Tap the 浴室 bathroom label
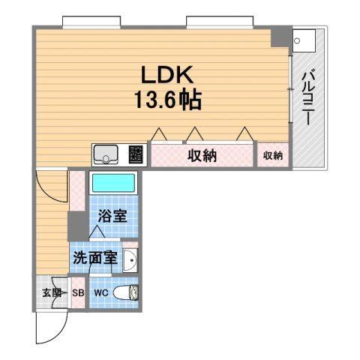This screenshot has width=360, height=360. click(112, 216)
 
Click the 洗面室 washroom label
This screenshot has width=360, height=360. click(95, 259)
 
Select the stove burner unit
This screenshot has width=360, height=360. click(136, 154)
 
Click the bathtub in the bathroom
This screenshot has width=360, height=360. click(112, 184)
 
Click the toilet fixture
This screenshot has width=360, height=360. click(130, 292)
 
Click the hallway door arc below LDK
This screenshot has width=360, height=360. click(49, 186)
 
